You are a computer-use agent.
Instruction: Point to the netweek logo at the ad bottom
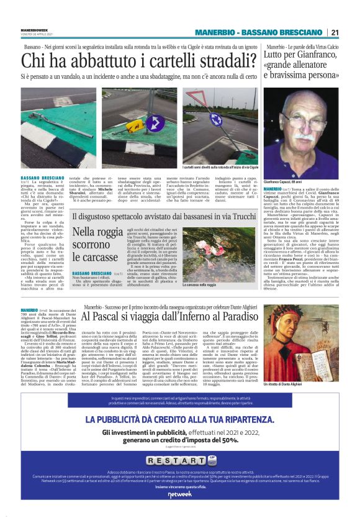point(179,494)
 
